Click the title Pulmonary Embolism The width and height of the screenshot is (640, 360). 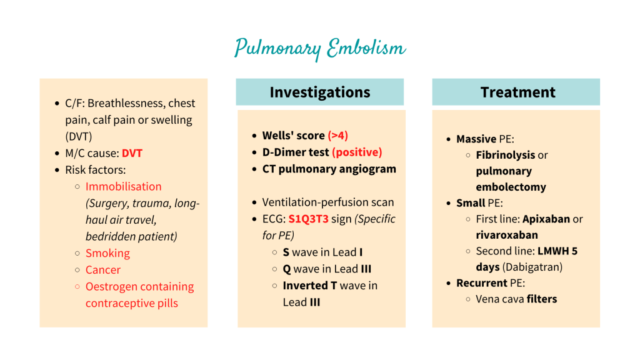320,49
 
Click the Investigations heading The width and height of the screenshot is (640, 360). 320,92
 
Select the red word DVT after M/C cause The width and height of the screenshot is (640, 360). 132,153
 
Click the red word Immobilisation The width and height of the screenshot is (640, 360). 123,186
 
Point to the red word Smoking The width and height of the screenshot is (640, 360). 107,253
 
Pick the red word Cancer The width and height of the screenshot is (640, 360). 103,270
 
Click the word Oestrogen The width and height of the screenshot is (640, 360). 111,287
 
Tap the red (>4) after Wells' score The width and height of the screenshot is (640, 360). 338,136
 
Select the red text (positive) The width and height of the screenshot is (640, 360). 357,152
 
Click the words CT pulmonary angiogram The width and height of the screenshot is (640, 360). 329,169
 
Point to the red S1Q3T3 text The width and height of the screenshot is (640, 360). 308,219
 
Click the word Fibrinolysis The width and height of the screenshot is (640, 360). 506,155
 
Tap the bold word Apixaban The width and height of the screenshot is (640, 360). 546,219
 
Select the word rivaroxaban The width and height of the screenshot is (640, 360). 507,236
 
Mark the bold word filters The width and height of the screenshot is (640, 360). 541,299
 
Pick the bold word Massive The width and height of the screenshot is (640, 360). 476,139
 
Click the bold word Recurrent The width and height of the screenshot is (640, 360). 482,283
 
